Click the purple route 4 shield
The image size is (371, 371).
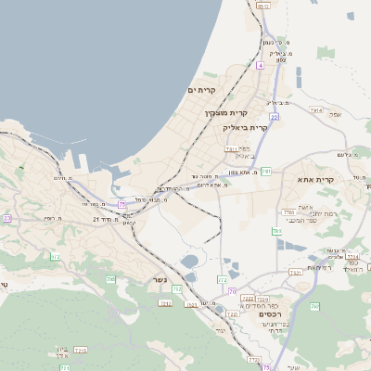click(261, 66)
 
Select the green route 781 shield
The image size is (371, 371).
click(266, 172)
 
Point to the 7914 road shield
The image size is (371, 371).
click(315, 109)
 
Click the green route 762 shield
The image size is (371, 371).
click(277, 230)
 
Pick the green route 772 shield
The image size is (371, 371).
click(222, 279)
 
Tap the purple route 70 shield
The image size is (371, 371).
click(232, 291)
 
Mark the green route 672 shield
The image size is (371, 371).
click(55, 256)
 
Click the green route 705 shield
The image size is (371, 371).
click(110, 279)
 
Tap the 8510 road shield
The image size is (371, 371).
click(263, 6)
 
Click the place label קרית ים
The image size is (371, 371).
click(201, 90)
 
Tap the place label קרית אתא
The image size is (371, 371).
click(315, 179)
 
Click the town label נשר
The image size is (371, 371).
click(157, 282)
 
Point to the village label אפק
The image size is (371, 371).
click(335, 114)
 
